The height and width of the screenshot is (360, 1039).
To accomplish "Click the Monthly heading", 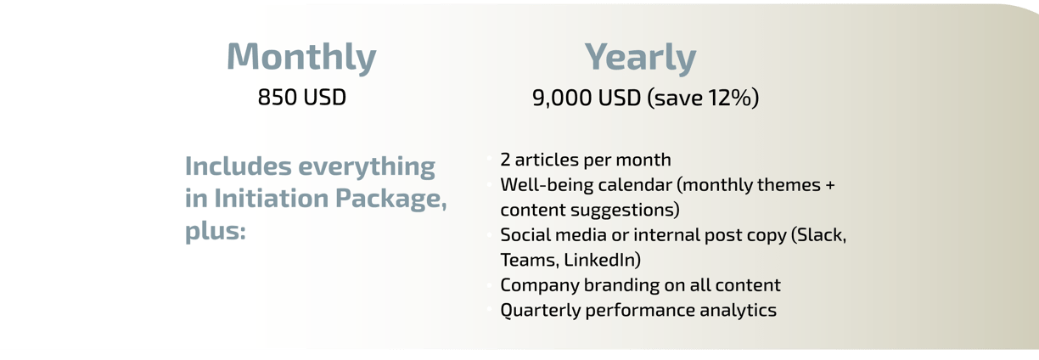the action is tap(301, 57).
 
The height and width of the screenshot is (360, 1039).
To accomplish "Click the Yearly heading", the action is tap(640, 57).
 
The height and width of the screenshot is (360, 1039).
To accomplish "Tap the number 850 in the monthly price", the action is tap(278, 98).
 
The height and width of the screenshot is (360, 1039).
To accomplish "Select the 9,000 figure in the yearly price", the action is tap(562, 98).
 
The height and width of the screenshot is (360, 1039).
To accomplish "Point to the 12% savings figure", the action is tap(727, 98).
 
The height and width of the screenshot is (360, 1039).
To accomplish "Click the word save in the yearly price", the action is tap(679, 98).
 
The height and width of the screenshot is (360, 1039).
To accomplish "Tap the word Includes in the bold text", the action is tap(238, 166).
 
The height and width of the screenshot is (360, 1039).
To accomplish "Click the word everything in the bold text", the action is tap(367, 167).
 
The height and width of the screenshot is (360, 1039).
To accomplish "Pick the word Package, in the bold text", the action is tap(391, 200).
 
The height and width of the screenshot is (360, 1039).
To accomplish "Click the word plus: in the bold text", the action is tap(216, 231).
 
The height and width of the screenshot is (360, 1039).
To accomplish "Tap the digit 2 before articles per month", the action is tap(505, 160).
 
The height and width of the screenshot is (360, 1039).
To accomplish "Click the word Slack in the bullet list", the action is tap(822, 235).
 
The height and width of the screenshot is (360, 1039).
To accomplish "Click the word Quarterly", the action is tap(540, 311).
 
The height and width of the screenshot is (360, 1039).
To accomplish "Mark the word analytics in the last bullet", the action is tap(738, 311).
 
